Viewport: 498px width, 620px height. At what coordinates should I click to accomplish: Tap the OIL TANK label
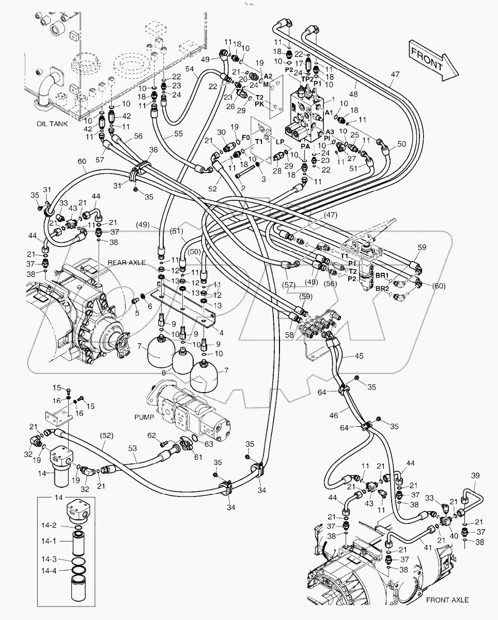(x=52, y=124)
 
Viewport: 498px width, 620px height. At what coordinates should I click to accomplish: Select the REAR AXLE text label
(x=127, y=262)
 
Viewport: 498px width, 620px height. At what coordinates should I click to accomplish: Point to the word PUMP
(x=144, y=417)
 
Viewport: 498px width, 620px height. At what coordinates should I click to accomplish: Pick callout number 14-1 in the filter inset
(x=49, y=541)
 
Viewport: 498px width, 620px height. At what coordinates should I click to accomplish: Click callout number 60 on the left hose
(x=82, y=161)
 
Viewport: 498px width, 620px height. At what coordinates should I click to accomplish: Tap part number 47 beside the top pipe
(x=395, y=74)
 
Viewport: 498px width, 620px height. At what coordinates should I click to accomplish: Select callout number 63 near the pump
(x=209, y=444)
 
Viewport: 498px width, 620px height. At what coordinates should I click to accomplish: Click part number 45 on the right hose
(x=359, y=356)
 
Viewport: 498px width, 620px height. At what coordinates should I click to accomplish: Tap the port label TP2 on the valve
(x=307, y=79)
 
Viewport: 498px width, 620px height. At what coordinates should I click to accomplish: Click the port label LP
(x=280, y=142)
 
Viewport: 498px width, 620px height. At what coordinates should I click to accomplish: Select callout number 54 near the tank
(x=190, y=69)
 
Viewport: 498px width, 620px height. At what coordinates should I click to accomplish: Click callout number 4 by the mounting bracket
(x=221, y=333)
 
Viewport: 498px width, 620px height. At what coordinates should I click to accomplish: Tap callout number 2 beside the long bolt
(x=243, y=188)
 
